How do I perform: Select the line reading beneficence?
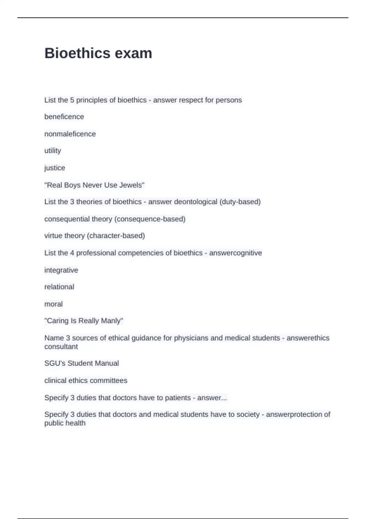(x=64, y=117)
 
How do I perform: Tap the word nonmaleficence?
(x=70, y=134)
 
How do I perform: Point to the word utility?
(x=52, y=151)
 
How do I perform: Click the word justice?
(x=55, y=168)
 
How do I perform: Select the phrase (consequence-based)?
(x=150, y=219)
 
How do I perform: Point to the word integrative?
(x=61, y=270)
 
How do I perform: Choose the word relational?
(x=59, y=287)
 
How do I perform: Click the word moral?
(x=53, y=304)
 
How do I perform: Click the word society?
(x=247, y=414)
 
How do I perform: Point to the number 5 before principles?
(x=72, y=100)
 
